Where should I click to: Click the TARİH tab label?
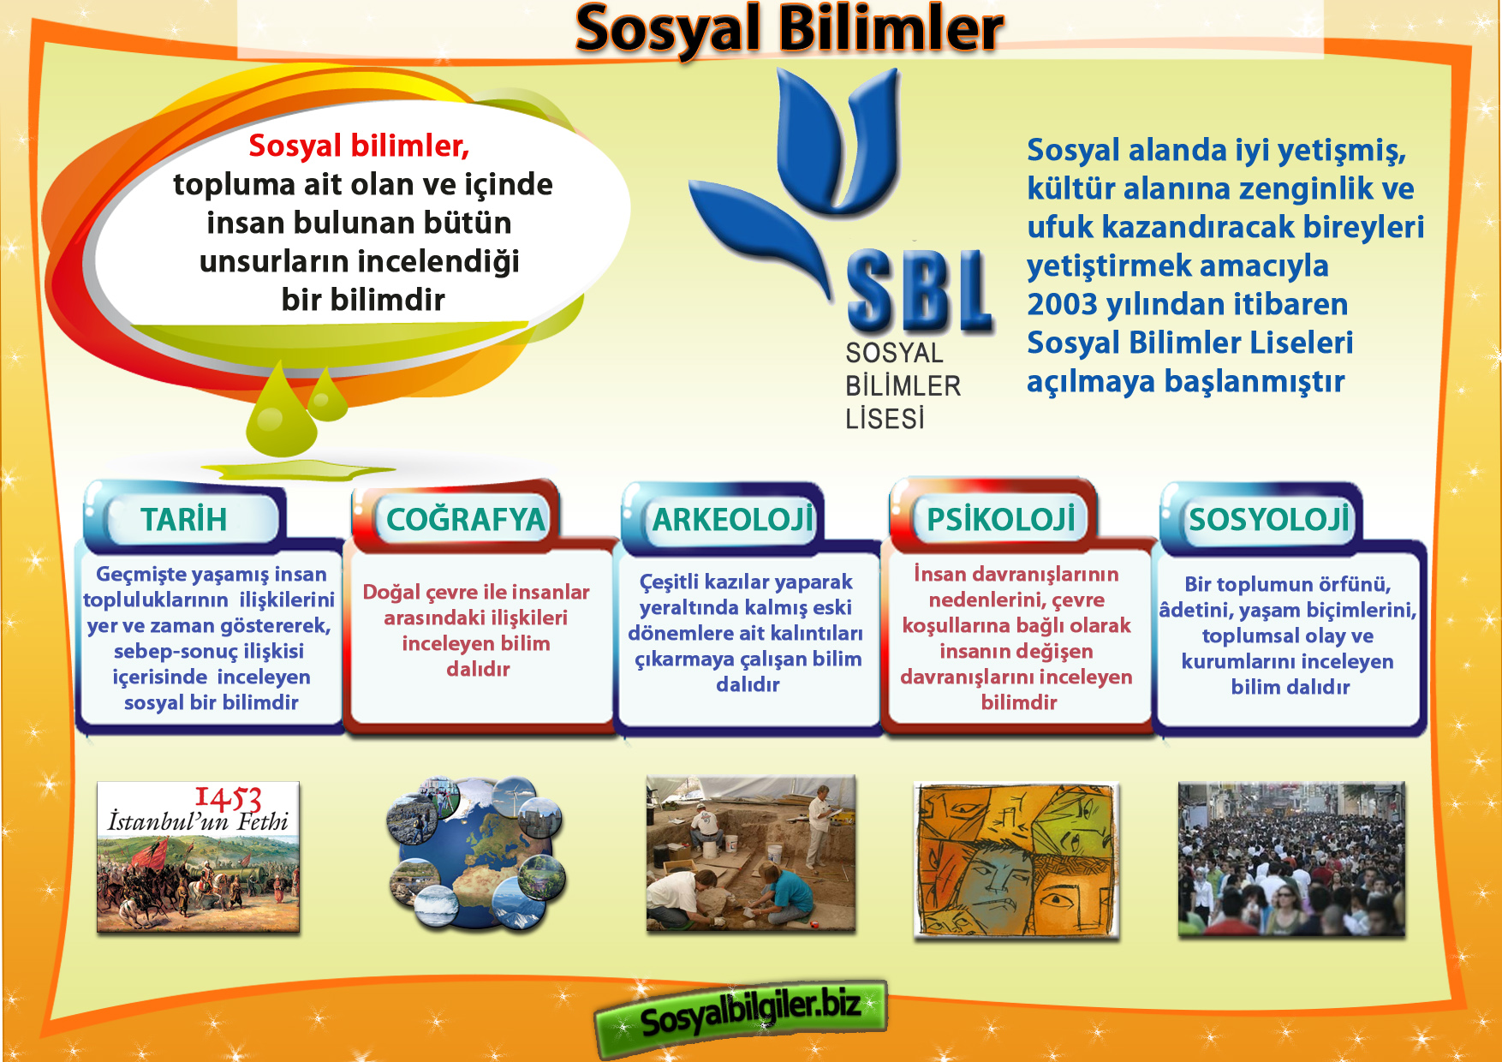pos(183,519)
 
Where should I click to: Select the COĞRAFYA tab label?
pos(465,519)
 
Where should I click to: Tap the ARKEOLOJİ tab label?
pos(733,519)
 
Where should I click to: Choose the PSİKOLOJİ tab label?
pos(1000,518)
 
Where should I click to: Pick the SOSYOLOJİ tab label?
pos(1268,519)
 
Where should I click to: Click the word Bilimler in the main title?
pos(891,29)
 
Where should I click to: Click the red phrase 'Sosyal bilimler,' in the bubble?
pos(359,146)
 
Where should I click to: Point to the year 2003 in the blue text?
pos(1062,304)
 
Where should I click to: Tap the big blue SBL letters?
pos(919,290)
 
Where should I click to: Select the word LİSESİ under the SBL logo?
pos(885,419)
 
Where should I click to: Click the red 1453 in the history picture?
pos(228,798)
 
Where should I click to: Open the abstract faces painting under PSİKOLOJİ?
pos(1016,860)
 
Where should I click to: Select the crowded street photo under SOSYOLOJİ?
pos(1291,859)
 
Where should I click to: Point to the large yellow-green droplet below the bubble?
pos(281,412)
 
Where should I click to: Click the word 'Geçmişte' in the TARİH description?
pos(139,575)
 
